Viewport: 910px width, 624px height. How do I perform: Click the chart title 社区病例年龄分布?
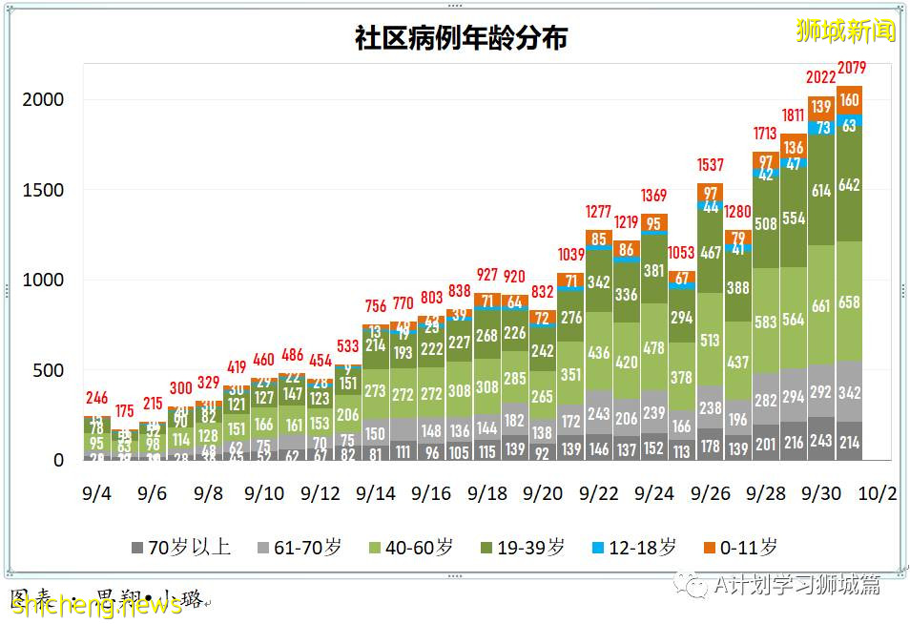461,37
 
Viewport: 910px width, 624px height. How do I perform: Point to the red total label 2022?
821,77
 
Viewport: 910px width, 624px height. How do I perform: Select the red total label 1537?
711,165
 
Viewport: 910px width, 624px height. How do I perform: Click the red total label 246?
96,399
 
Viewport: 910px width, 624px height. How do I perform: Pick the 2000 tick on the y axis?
44,99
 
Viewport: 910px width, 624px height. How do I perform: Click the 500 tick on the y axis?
50,370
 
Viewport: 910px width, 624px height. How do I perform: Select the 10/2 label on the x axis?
878,494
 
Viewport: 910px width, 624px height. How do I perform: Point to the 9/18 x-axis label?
487,494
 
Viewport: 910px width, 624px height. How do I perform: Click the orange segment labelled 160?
850,100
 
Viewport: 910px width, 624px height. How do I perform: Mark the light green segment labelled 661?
821,306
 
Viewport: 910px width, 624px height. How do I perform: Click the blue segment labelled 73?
821,127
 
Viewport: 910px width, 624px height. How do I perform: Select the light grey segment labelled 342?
850,392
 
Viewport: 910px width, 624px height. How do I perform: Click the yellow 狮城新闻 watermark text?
846,31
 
